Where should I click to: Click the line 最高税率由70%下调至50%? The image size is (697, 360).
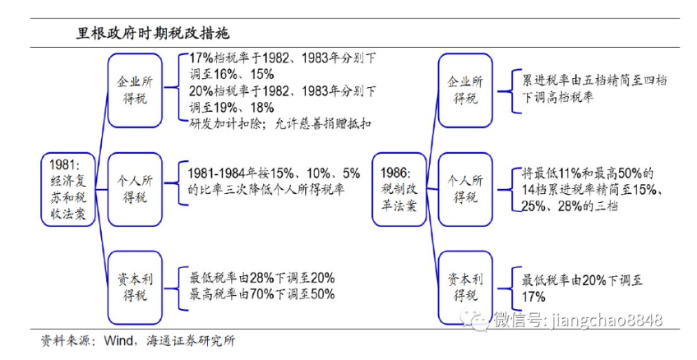tap(262, 293)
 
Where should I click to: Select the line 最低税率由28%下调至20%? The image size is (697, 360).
tap(262, 277)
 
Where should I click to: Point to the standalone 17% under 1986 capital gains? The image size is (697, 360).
tap(535, 295)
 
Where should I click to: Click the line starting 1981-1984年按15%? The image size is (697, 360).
tap(275, 174)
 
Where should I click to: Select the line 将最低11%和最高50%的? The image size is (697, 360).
tap(588, 173)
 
